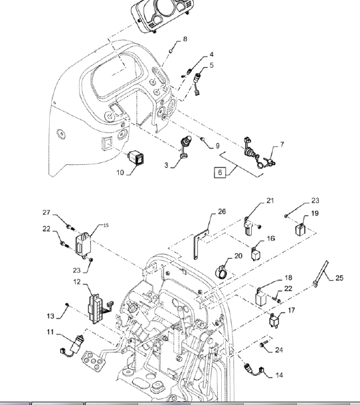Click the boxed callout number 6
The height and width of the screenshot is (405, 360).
click(220, 172)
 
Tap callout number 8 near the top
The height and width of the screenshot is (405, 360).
click(185, 39)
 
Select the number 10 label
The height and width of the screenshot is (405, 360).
click(120, 172)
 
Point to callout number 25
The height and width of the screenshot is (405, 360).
click(339, 278)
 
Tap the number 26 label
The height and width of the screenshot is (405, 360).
click(222, 211)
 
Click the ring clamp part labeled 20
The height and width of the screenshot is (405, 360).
click(221, 273)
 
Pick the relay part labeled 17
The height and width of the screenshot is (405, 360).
click(274, 321)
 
